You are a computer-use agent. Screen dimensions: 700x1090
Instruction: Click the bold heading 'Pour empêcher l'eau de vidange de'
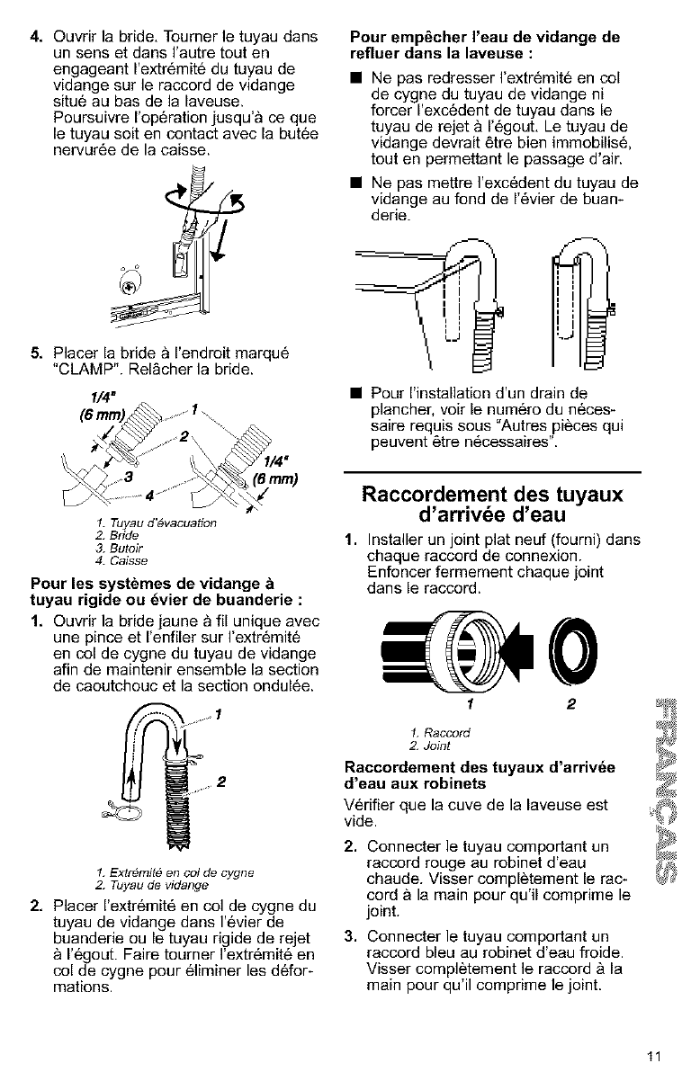[483, 37]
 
